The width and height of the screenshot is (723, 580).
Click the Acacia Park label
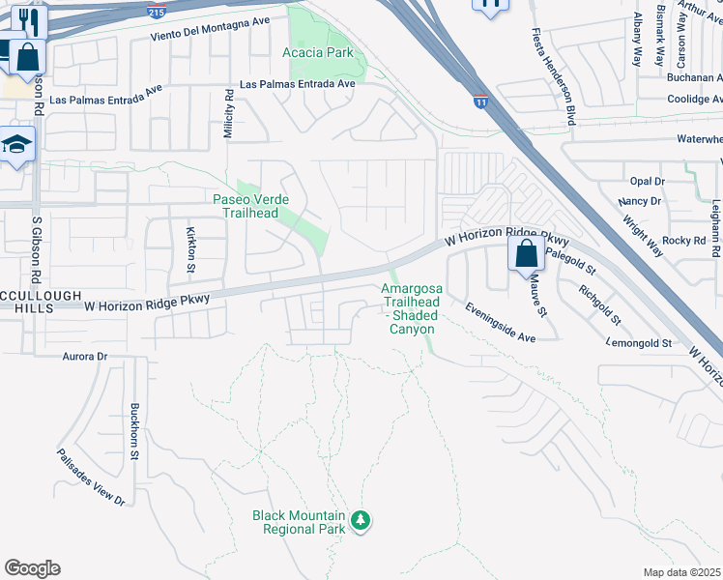(x=318, y=52)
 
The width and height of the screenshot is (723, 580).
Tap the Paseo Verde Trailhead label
(x=250, y=206)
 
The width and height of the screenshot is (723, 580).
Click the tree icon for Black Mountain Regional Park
(x=361, y=521)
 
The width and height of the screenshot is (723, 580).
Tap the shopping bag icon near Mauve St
(x=526, y=255)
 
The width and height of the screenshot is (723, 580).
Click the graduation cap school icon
(x=16, y=145)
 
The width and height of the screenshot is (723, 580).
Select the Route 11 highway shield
(x=480, y=101)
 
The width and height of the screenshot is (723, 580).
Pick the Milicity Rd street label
(x=229, y=115)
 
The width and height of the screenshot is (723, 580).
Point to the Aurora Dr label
(x=85, y=357)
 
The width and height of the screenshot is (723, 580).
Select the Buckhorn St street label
(x=135, y=430)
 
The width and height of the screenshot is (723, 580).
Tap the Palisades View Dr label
(x=90, y=478)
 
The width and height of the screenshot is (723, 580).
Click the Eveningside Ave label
(x=499, y=324)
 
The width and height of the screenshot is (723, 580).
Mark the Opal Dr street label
(x=647, y=181)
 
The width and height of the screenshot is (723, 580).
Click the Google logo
(x=32, y=568)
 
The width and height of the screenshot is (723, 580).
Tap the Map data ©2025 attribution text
(x=681, y=572)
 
